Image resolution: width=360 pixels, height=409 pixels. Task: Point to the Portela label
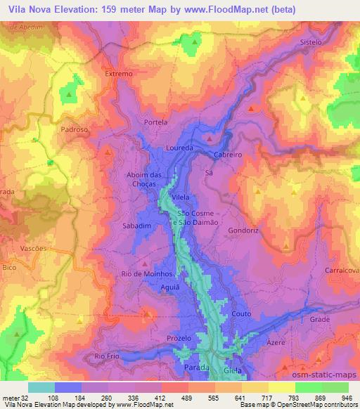[155, 122]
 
